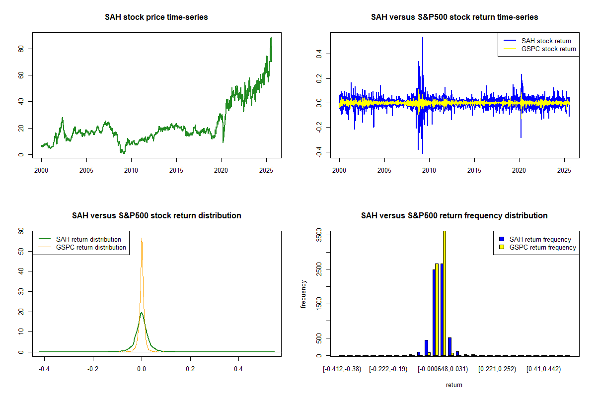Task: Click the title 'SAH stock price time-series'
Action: pyautogui.click(x=156, y=17)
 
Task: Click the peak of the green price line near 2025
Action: pyautogui.click(x=271, y=37)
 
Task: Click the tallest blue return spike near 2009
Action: pyautogui.click(x=423, y=37)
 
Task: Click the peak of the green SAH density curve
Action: pyautogui.click(x=142, y=313)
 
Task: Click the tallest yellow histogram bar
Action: pyautogui.click(x=445, y=293)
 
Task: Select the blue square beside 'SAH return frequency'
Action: pyautogui.click(x=502, y=239)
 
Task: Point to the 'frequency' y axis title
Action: pyautogui.click(x=303, y=294)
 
